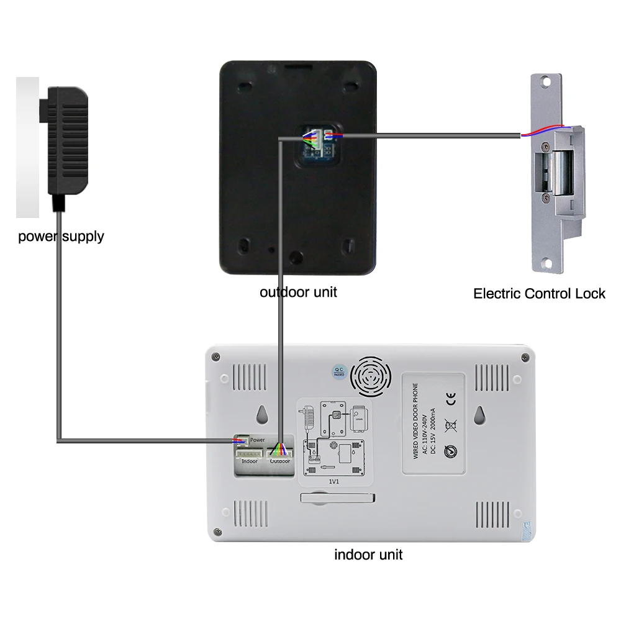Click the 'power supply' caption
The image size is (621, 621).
[x=61, y=236]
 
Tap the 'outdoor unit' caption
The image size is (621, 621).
[x=298, y=292]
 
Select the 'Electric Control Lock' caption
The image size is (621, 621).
[x=539, y=293]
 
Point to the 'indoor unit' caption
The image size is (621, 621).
[x=368, y=555]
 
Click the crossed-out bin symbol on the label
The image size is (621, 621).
[x=452, y=425]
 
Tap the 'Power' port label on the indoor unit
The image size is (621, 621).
[x=258, y=440]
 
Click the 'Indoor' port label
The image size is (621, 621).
[x=250, y=461]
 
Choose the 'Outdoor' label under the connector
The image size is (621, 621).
[x=280, y=461]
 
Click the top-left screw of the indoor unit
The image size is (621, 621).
[x=215, y=356]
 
